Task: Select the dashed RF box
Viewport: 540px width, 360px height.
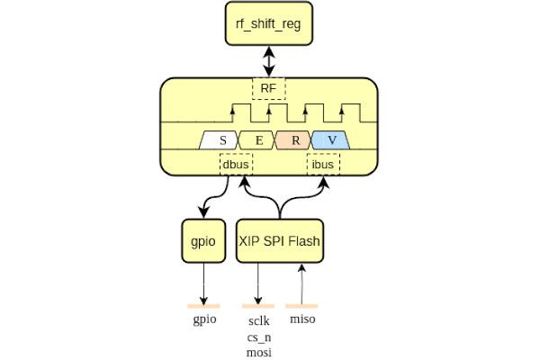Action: point(268,88)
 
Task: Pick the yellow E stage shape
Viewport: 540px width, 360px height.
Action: point(256,140)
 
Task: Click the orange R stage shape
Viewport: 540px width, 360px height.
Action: point(294,140)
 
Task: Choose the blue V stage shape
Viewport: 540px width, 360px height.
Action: point(331,140)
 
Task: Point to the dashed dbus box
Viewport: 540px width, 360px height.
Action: point(236,165)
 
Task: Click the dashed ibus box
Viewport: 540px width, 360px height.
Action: point(324,165)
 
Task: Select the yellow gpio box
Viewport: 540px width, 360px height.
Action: point(202,240)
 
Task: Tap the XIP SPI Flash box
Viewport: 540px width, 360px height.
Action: point(280,240)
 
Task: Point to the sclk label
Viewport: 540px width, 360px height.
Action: point(258,321)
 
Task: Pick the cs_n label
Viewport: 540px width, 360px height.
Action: point(258,337)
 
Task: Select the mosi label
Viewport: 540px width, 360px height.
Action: point(258,352)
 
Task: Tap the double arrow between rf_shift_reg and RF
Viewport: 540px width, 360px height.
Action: point(268,61)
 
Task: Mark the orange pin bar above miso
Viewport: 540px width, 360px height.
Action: point(301,306)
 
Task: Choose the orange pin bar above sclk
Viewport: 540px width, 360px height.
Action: point(258,306)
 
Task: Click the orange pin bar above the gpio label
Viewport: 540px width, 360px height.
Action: point(204,306)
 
